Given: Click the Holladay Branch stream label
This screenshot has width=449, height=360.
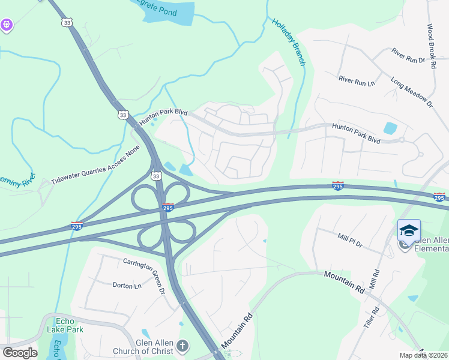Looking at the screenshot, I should (289, 41).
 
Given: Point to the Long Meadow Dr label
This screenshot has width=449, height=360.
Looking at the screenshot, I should (412, 92).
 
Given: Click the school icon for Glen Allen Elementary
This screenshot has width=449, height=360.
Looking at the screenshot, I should (409, 231).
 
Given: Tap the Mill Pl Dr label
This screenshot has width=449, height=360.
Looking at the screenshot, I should (350, 241).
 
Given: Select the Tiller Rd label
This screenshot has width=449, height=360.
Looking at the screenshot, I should (375, 319).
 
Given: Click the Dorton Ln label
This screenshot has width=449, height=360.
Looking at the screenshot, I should (127, 286).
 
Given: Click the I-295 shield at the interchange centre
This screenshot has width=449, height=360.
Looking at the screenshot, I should (169, 207).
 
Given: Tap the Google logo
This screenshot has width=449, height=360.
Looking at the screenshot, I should (20, 352).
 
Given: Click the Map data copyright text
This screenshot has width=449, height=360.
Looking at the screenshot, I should (423, 355).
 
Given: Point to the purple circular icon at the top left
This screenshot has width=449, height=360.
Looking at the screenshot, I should (7, 25).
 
